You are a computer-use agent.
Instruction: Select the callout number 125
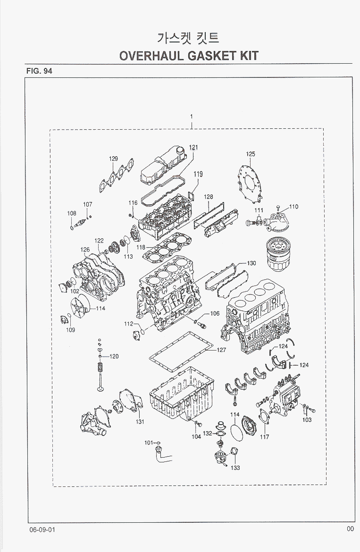[251, 154]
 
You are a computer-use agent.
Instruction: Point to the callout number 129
[114, 159]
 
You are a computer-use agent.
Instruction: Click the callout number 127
[222, 350]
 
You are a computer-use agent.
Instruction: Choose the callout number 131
[140, 422]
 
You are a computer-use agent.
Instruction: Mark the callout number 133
[235, 468]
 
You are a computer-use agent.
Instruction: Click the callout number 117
[264, 437]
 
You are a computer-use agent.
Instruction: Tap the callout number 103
[307, 419]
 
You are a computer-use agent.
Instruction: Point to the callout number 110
[294, 206]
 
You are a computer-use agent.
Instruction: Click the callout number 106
[215, 313]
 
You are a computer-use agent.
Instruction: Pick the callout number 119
[198, 175]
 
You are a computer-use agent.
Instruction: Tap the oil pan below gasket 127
[182, 394]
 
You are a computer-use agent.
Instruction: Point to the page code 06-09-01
[42, 529]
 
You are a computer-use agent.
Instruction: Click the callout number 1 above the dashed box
[192, 117]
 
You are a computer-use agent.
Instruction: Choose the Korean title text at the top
[187, 38]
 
